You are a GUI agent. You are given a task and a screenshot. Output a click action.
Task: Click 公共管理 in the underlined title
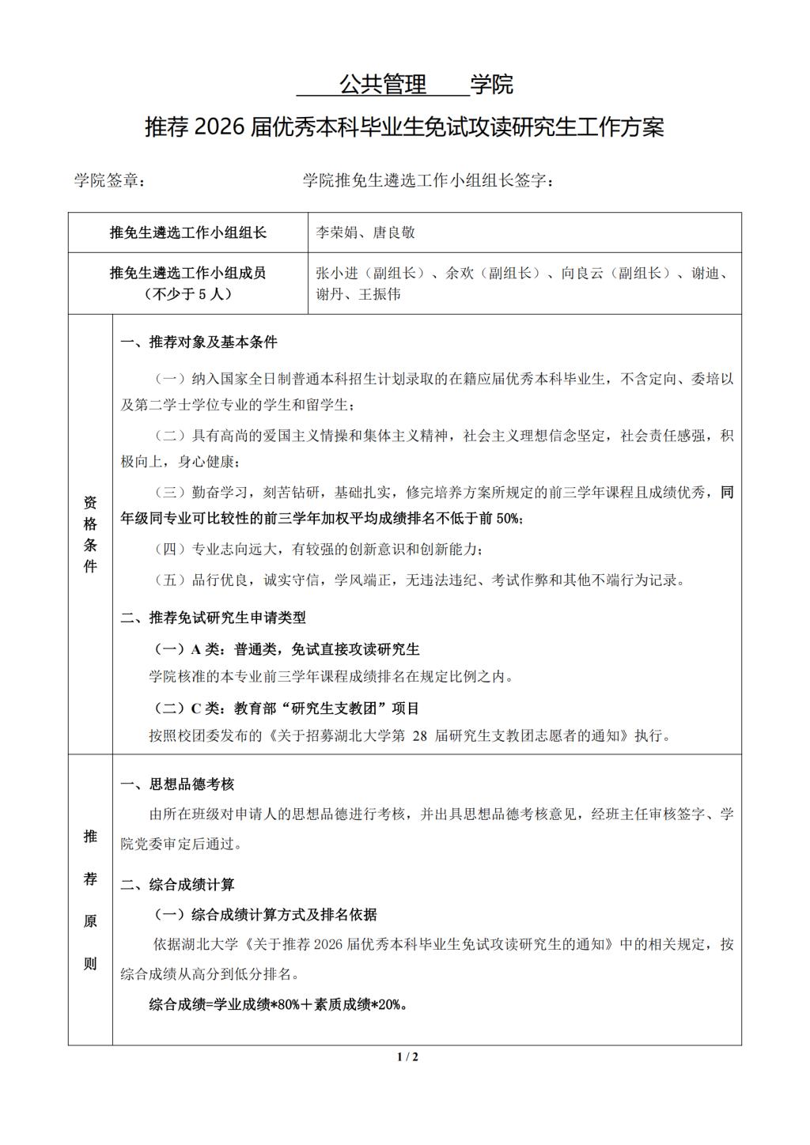point(383,84)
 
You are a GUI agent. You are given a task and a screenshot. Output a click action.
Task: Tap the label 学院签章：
point(109,180)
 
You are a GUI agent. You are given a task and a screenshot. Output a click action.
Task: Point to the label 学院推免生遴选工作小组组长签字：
point(428,180)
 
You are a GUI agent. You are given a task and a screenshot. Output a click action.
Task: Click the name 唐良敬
point(394,232)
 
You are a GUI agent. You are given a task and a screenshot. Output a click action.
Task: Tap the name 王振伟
point(380,294)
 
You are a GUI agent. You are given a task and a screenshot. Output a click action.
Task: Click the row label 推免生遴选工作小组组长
point(187,232)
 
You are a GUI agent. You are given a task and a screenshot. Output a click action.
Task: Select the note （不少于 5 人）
point(187,294)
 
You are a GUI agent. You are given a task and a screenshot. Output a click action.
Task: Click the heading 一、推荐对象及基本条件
point(199,342)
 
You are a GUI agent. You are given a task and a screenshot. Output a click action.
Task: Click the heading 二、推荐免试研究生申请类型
point(213,618)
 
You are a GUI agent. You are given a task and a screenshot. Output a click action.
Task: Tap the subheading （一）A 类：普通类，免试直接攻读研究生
point(286,649)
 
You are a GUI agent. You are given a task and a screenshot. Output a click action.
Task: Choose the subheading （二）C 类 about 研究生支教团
point(286,708)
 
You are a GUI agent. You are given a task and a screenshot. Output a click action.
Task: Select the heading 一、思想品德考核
point(177,784)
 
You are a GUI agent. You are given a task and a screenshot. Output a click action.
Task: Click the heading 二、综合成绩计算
point(177,885)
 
